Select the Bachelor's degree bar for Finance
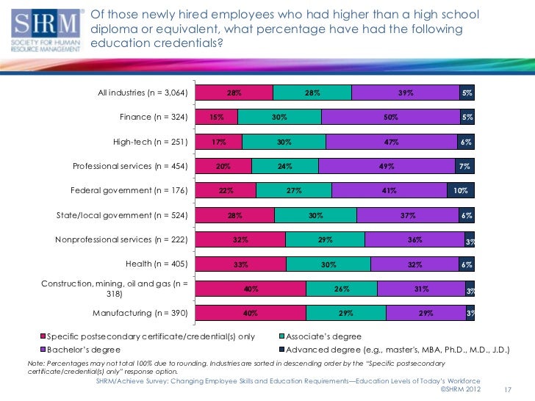click(390, 118)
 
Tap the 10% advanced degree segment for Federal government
click(460, 191)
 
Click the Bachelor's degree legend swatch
click(43, 349)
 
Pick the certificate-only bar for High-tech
click(218, 142)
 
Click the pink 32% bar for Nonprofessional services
click(240, 240)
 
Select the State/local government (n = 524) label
click(123, 216)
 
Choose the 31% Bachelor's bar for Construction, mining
click(420, 289)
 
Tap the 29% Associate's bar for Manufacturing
click(345, 314)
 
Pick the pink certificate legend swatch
click(43, 336)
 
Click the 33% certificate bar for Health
click(240, 264)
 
